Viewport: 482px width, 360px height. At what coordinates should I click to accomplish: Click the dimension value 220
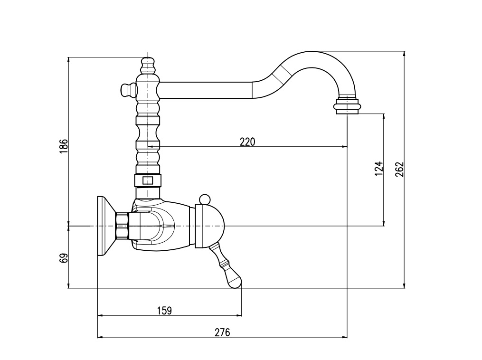247,142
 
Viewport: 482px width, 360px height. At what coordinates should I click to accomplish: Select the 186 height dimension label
63,146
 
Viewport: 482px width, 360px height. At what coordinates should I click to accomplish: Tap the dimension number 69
63,258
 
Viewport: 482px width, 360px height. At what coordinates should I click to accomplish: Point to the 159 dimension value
164,311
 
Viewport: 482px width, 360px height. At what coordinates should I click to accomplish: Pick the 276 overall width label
222,332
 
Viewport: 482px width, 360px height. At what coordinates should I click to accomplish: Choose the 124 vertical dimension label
379,168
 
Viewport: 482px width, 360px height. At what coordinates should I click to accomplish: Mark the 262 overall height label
399,169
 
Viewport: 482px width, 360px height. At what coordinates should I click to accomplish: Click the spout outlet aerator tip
347,106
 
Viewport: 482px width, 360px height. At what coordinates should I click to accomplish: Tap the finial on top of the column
148,65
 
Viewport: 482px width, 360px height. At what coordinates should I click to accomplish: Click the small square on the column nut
148,180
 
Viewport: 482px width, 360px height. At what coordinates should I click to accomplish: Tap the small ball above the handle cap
204,199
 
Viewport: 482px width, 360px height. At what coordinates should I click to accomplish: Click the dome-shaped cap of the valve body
210,226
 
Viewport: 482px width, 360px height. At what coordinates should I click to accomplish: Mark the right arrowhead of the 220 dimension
344,147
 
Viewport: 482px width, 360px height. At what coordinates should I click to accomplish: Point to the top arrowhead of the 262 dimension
404,54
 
